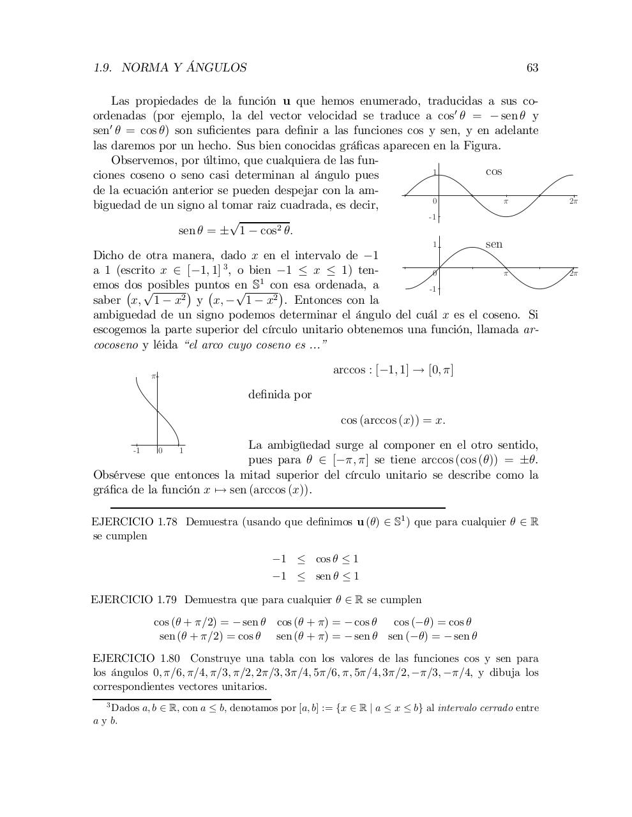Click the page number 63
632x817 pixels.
[532, 68]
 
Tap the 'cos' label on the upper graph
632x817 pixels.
[493, 172]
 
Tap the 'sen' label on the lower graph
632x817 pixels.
[493, 244]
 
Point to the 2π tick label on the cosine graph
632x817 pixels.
[573, 201]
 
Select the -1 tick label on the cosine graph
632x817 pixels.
[432, 217]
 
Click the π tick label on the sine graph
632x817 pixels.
[505, 274]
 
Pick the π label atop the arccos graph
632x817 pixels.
[153, 377]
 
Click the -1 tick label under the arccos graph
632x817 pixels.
[136, 451]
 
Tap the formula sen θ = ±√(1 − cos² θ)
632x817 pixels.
[235, 229]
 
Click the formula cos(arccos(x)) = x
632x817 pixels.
[393, 420]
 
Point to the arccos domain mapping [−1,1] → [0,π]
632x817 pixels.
[393, 370]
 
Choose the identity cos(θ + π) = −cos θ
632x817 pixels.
[326, 622]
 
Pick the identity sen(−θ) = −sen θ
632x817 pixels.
[432, 636]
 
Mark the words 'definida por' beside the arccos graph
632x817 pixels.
[280, 394]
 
